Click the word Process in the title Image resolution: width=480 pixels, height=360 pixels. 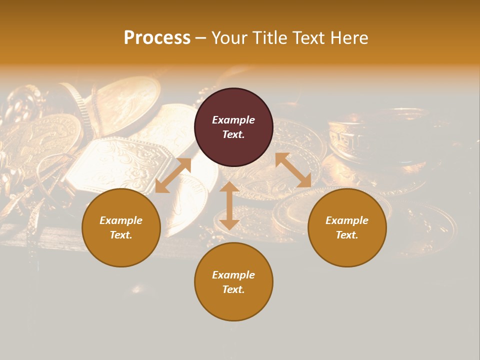(x=157, y=38)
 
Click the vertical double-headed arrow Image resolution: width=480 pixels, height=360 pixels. (x=229, y=205)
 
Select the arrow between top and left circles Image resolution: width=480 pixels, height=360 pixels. (x=173, y=175)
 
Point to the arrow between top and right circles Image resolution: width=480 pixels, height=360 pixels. (x=293, y=170)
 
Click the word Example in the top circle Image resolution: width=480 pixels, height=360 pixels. (x=233, y=120)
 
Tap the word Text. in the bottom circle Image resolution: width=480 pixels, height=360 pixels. (x=233, y=289)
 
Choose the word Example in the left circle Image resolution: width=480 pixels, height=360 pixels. (x=121, y=220)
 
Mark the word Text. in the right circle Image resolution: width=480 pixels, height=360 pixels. (x=347, y=235)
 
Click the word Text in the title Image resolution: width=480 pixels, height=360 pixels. (x=309, y=38)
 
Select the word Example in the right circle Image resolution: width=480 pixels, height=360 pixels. (x=347, y=220)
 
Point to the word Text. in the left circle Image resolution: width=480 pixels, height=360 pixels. (x=121, y=235)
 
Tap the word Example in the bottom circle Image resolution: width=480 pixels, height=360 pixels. (x=233, y=275)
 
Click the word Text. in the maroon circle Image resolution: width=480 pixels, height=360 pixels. (x=233, y=134)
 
